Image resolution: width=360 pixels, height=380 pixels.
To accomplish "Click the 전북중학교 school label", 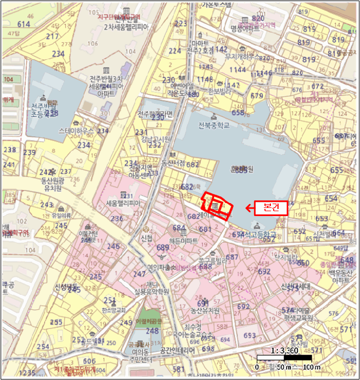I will click(x=214, y=125).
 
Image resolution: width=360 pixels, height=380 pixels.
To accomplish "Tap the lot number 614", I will click(x=24, y=24).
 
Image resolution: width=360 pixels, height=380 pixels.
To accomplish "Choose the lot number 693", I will click(x=250, y=335).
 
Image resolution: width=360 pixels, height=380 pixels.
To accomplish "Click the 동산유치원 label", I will click(x=205, y=310).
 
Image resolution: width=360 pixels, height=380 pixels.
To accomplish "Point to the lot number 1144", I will click(x=237, y=69).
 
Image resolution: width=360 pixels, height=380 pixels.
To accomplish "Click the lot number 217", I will click(x=53, y=36).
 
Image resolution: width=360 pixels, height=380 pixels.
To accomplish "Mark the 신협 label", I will click(x=146, y=238).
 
